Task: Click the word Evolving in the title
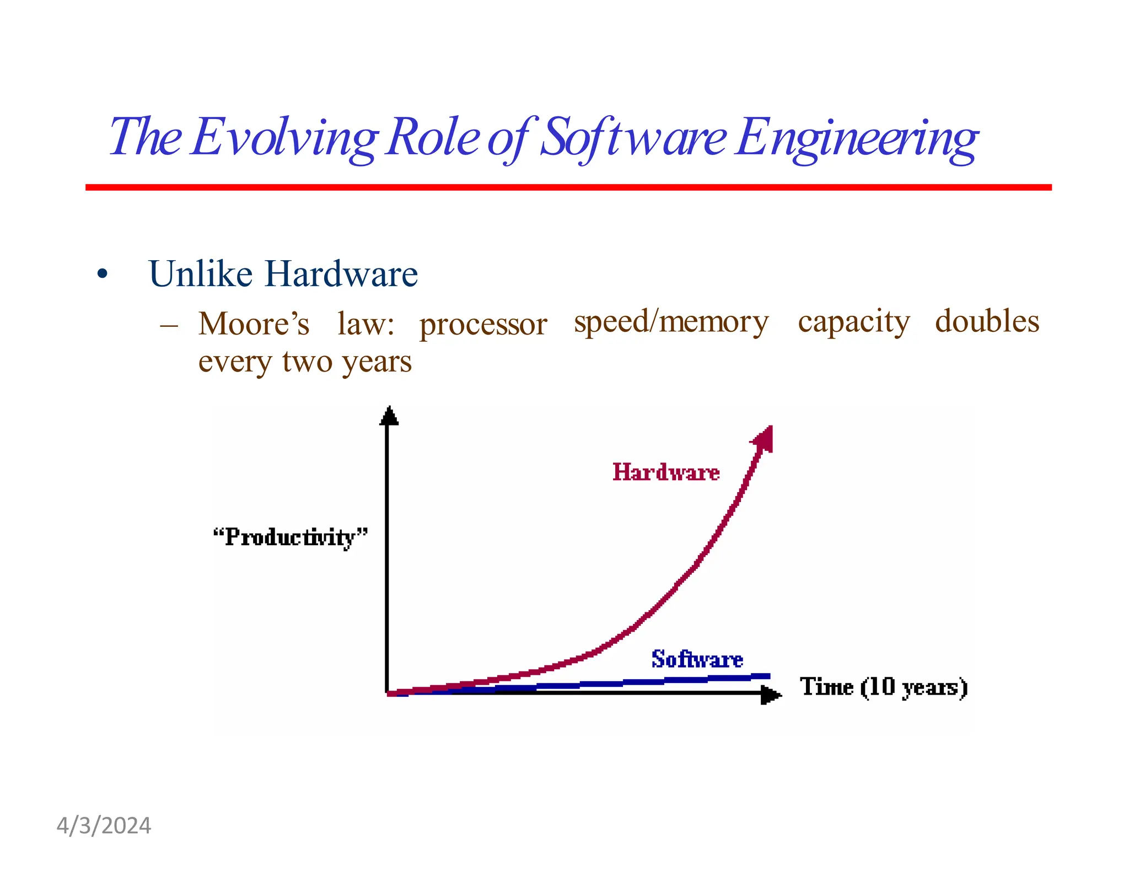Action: coord(284,138)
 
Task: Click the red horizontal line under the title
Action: coord(568,187)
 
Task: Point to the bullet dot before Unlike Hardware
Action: coord(102,274)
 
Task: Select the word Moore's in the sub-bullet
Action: coord(254,324)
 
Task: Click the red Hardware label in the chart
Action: coord(666,472)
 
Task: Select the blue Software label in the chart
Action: coord(697,659)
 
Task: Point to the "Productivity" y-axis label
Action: coord(291,537)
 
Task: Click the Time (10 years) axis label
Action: coord(884,687)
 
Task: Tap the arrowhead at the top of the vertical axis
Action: coord(389,416)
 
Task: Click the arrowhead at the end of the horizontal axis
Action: coord(770,695)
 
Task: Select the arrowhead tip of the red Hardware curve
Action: coord(764,438)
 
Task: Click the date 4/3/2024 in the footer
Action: coord(104,826)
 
